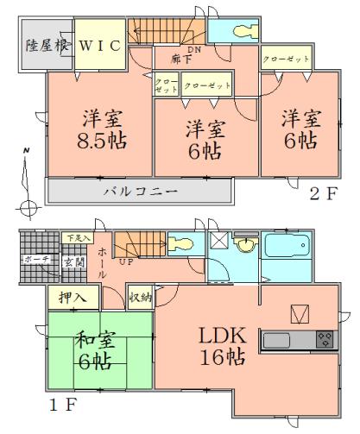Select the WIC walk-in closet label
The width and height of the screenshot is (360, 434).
[101, 45]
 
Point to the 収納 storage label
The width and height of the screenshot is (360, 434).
[141, 299]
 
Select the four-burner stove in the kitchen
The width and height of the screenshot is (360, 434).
[324, 337]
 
